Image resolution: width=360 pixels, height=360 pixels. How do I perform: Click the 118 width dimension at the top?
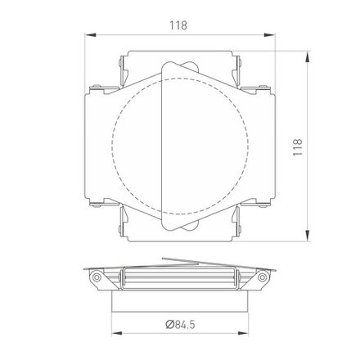coord(180,25)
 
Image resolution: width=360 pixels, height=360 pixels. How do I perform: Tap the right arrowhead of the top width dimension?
coord(270,35)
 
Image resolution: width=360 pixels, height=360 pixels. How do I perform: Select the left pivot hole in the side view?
coord(97,277)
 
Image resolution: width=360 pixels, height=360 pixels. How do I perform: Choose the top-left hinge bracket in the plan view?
coord(123,70)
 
